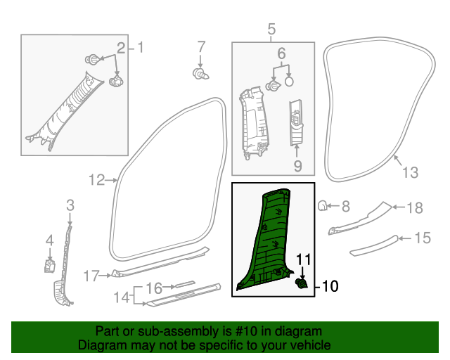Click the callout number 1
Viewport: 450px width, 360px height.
(x=140, y=48)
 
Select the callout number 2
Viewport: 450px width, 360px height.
(x=121, y=48)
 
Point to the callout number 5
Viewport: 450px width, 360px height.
(x=271, y=29)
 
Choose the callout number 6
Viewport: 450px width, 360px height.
(x=281, y=53)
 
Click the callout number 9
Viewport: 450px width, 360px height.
(x=297, y=166)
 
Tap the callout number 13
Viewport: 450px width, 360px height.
(x=409, y=172)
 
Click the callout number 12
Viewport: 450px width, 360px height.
(x=96, y=180)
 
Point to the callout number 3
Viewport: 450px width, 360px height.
(x=70, y=205)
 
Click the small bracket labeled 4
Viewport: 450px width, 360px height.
(x=50, y=265)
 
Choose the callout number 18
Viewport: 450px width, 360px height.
(x=415, y=207)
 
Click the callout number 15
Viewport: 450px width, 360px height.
(x=421, y=238)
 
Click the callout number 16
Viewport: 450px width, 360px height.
(x=154, y=288)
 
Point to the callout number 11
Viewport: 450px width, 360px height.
(x=302, y=260)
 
